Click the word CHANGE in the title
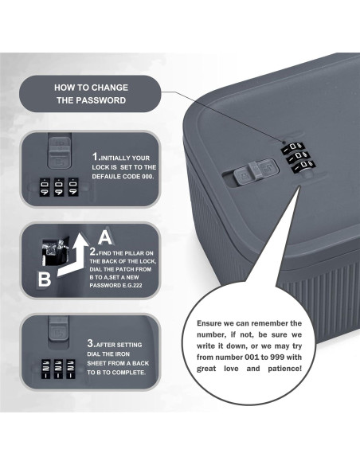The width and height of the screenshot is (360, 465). coord(111,88)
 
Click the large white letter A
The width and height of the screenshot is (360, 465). coord(105,237)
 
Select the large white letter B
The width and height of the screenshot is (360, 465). coord(44,279)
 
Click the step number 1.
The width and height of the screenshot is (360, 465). coord(96,156)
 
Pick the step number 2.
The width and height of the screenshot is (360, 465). coord(94,252)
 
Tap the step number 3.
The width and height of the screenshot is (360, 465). coord(91,343)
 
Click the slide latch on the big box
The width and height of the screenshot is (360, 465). coord(256,171)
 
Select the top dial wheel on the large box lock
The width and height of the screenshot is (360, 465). coord(293,147)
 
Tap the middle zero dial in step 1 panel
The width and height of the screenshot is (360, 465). coord(59,187)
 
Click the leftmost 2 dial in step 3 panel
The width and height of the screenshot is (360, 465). coord(45,369)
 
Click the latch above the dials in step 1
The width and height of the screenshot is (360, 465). coord(60,151)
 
